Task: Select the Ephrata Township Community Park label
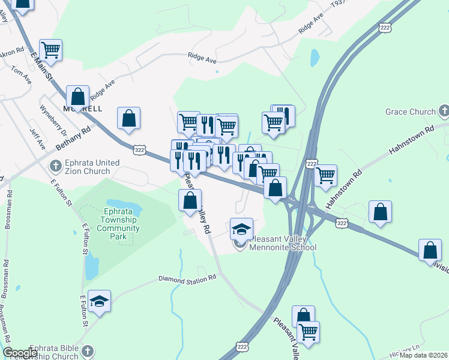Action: point(118,224)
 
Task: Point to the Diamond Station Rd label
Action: point(187,279)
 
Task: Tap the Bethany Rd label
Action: point(72,137)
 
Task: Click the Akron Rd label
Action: point(11,53)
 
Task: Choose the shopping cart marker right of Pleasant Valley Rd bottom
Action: point(308,331)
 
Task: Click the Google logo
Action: point(20,353)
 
